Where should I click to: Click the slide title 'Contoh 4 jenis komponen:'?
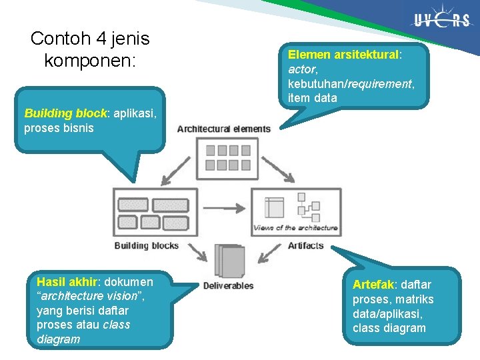90,50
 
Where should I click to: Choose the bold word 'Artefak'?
373,285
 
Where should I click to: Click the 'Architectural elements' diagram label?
224,129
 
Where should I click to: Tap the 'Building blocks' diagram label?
147,246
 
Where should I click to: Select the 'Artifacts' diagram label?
306,246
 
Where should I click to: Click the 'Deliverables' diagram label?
228,286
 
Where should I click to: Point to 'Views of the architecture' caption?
295,228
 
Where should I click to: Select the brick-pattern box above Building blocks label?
155,212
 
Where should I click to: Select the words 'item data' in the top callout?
313,99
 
